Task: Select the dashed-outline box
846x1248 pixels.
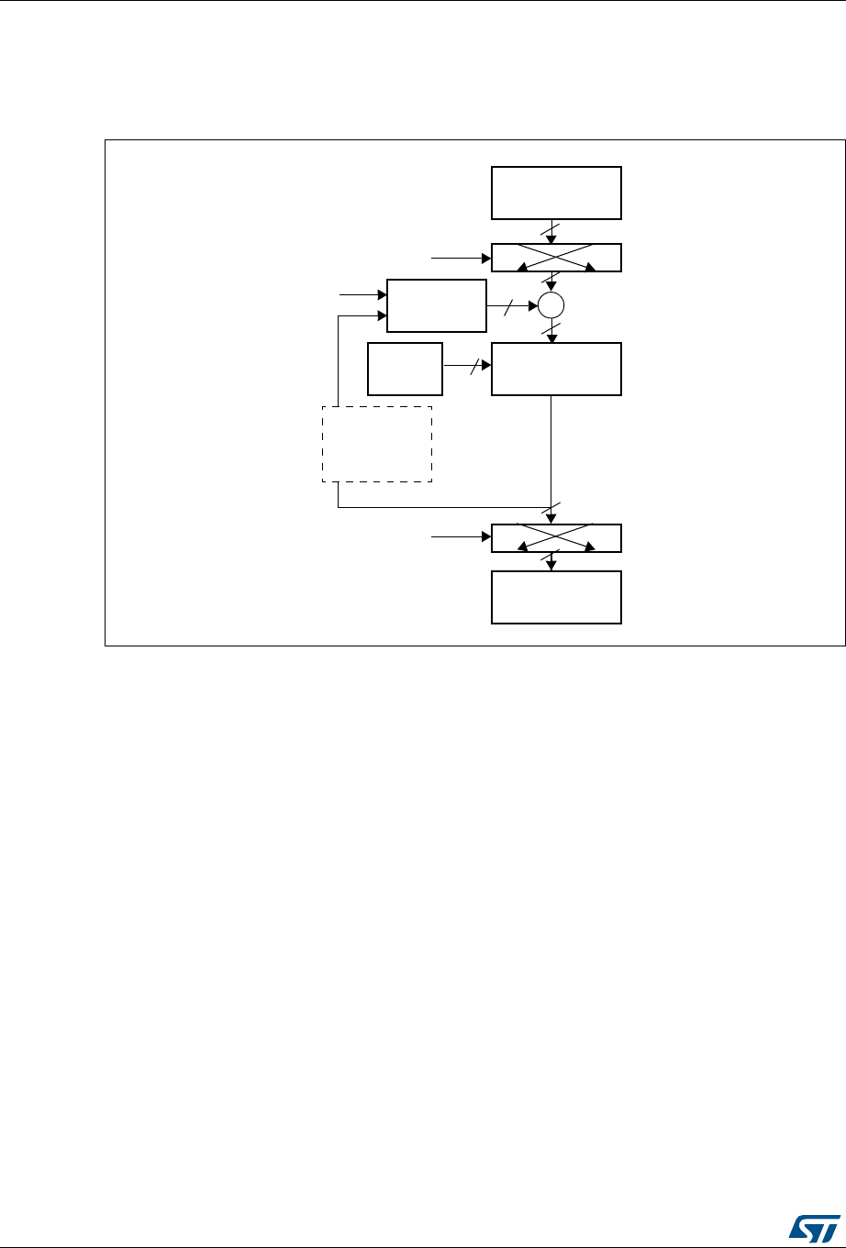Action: point(376,445)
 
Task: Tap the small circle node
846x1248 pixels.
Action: point(551,306)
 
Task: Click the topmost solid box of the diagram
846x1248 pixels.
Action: point(556,193)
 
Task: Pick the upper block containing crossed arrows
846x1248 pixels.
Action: point(556,258)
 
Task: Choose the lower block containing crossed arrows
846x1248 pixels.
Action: point(556,538)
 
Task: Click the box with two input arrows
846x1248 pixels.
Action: point(436,305)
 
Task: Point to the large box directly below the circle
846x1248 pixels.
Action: point(556,369)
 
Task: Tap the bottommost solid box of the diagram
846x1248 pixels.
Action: point(556,597)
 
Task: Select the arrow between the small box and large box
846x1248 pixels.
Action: point(466,368)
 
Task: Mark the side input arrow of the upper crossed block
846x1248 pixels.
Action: point(462,259)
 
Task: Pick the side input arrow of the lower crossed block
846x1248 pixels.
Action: point(462,538)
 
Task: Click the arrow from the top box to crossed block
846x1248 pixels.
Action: point(551,231)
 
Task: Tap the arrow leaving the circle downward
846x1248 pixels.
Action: point(551,330)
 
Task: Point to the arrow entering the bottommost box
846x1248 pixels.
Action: point(551,561)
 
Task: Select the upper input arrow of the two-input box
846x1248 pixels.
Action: point(363,294)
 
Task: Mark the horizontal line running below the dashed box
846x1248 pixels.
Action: point(440,507)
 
